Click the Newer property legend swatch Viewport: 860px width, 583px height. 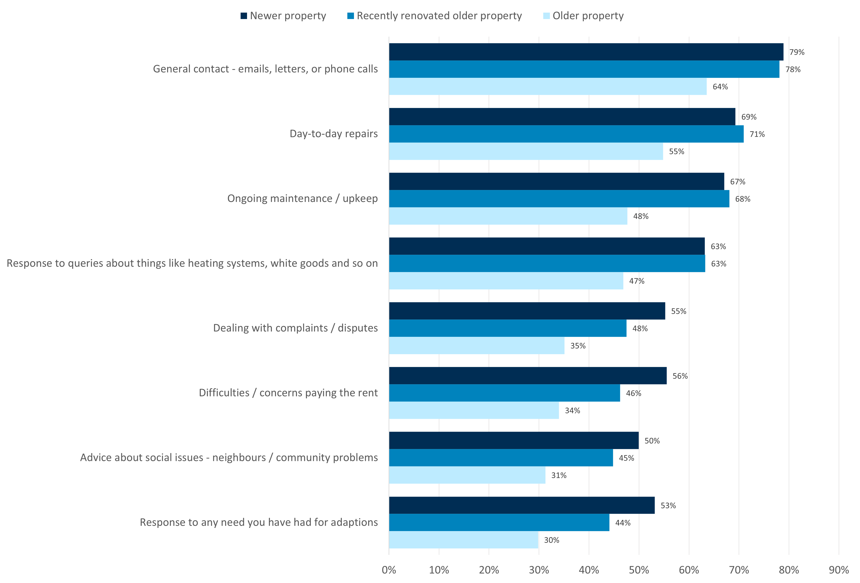[x=243, y=16]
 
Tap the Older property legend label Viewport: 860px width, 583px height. [x=588, y=16]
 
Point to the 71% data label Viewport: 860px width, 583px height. [x=757, y=134]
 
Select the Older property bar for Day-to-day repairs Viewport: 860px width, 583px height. [x=525, y=151]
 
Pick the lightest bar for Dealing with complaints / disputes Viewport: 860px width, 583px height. [x=476, y=346]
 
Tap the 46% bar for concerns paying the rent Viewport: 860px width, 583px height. [x=504, y=393]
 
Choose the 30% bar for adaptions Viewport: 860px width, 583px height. [x=463, y=540]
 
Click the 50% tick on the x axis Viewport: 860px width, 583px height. [x=639, y=570]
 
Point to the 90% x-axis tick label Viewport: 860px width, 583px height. [x=839, y=570]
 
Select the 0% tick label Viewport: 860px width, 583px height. [x=389, y=570]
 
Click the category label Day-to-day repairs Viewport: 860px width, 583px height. [x=333, y=134]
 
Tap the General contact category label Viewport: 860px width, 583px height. [x=265, y=69]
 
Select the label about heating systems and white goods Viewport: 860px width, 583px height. [x=192, y=263]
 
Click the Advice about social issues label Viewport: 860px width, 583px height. [x=229, y=458]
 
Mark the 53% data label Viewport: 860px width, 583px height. [x=668, y=505]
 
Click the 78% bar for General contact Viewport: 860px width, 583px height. [x=584, y=69]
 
